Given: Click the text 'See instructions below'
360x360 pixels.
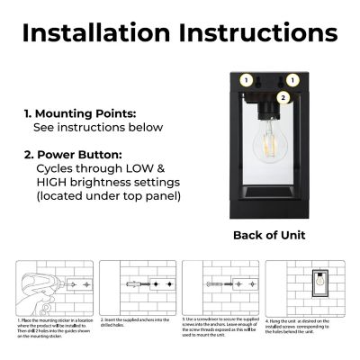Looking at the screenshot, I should click(98, 129).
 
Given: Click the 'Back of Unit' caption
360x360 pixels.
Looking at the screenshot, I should click(269, 235).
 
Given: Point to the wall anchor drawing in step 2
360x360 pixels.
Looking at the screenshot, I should click(136, 283).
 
